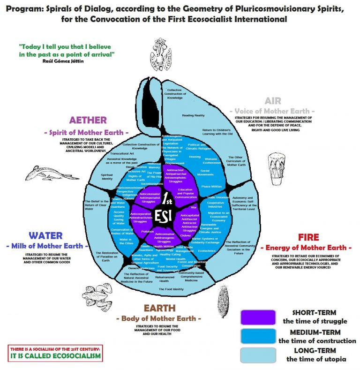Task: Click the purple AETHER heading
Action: click(x=88, y=120)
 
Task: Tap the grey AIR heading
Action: click(x=272, y=101)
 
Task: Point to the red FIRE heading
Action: click(x=308, y=237)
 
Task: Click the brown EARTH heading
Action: click(x=160, y=308)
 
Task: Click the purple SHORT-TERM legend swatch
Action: click(x=257, y=317)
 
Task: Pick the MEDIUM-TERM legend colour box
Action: click(x=257, y=336)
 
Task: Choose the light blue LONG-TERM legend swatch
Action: click(x=257, y=355)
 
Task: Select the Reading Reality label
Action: click(x=193, y=115)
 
